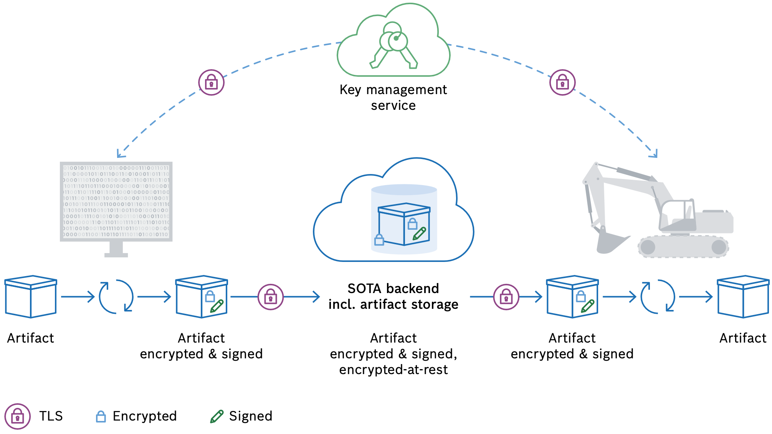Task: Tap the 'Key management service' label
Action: (x=393, y=97)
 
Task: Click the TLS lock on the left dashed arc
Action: (x=211, y=82)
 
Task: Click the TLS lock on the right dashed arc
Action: (x=562, y=82)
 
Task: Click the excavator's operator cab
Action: (x=678, y=215)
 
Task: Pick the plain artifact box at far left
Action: (x=31, y=297)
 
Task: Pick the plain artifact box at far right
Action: (x=743, y=297)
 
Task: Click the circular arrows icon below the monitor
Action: (x=116, y=297)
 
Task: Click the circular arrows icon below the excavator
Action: (x=658, y=297)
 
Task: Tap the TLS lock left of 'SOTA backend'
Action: (x=271, y=297)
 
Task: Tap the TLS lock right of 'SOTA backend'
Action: (x=506, y=297)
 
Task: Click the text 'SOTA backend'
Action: (x=393, y=288)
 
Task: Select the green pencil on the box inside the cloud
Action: (x=419, y=233)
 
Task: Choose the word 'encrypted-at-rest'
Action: (x=393, y=369)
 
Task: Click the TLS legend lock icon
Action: (x=18, y=416)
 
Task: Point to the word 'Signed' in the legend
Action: (x=251, y=416)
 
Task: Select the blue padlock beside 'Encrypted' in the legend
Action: (x=101, y=416)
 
